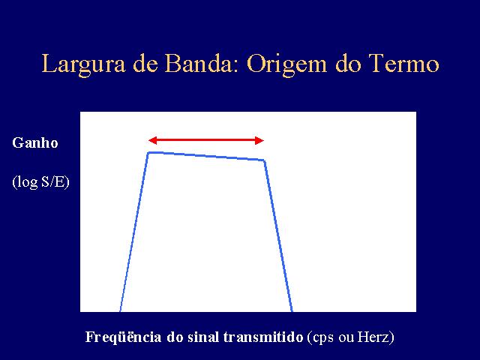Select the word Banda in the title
199,63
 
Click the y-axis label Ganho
35,142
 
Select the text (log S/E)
41,181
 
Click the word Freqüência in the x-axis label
123,337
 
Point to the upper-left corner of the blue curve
148,152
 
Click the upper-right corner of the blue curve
264,160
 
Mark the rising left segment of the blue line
134,232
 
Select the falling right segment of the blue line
278,235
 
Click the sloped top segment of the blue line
206,156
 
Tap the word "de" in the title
145,63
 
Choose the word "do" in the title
347,63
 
